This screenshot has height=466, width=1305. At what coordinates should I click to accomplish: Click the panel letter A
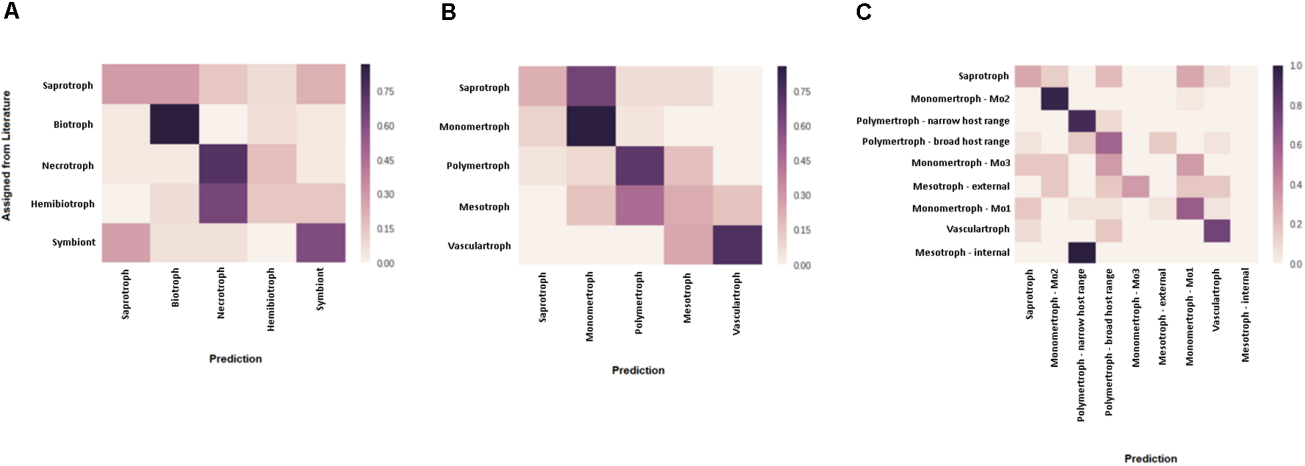11,11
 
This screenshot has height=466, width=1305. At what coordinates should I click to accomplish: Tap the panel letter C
863,11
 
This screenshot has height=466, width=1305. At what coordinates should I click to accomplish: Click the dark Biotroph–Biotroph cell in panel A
174,124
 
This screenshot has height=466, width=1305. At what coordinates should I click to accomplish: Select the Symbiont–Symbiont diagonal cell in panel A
321,242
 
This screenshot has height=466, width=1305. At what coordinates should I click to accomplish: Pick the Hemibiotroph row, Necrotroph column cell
223,203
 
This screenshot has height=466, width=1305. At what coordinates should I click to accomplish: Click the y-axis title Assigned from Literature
6,156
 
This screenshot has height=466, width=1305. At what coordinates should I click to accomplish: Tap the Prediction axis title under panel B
638,370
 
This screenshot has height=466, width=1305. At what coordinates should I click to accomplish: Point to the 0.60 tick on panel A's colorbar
386,126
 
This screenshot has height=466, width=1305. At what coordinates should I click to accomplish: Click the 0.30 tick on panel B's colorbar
802,195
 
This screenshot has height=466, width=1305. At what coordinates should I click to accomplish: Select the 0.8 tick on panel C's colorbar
1296,106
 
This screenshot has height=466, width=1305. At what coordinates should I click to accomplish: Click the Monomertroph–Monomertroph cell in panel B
591,126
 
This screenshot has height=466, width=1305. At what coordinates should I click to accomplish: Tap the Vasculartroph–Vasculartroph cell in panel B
737,244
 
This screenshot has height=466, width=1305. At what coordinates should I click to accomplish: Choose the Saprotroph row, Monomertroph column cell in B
591,86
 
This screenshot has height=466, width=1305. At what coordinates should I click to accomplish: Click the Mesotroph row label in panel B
484,207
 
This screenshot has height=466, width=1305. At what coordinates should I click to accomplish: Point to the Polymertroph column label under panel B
639,303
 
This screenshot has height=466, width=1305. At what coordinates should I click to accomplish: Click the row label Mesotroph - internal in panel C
962,252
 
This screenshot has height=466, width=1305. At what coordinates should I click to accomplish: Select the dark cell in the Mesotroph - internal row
1082,253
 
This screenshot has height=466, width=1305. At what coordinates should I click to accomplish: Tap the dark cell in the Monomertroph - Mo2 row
1054,99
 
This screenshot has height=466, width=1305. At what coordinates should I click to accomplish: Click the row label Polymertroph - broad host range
935,142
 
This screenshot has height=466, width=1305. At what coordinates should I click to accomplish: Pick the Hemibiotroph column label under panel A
270,299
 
